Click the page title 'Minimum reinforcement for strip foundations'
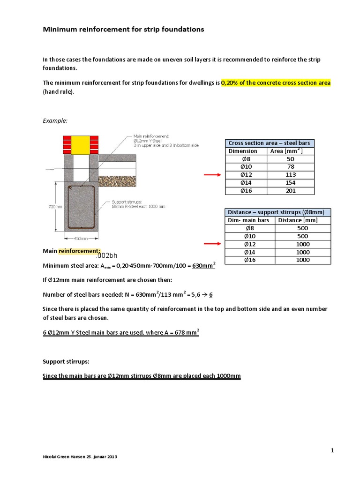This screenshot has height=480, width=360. (x=123, y=30)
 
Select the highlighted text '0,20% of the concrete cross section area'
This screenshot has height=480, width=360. (x=276, y=82)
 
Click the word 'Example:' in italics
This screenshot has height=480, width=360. (x=55, y=120)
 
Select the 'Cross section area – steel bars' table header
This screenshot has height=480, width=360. (x=270, y=143)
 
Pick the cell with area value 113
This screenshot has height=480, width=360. (x=291, y=175)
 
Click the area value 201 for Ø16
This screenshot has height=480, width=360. (x=291, y=191)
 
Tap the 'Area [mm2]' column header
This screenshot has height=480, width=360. (x=291, y=151)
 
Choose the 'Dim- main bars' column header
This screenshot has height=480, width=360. (x=248, y=220)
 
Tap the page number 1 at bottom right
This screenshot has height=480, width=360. (x=332, y=450)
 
